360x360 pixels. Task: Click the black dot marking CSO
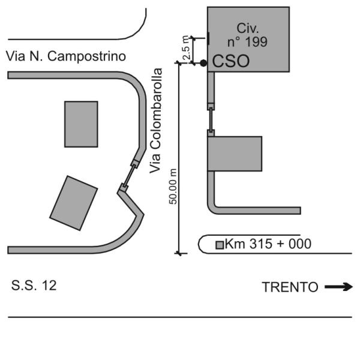[204, 62]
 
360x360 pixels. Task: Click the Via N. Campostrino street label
[65, 56]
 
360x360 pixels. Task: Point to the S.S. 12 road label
[34, 286]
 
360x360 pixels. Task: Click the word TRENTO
[290, 287]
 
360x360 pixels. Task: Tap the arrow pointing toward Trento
[338, 287]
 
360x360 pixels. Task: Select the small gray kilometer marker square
[220, 245]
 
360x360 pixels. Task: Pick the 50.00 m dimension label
[173, 186]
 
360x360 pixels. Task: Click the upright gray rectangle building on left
[81, 124]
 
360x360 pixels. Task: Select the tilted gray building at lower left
[74, 202]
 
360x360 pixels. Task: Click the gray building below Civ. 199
[235, 154]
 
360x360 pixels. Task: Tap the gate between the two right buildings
[211, 120]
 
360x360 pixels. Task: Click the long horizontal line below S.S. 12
[180, 317]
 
